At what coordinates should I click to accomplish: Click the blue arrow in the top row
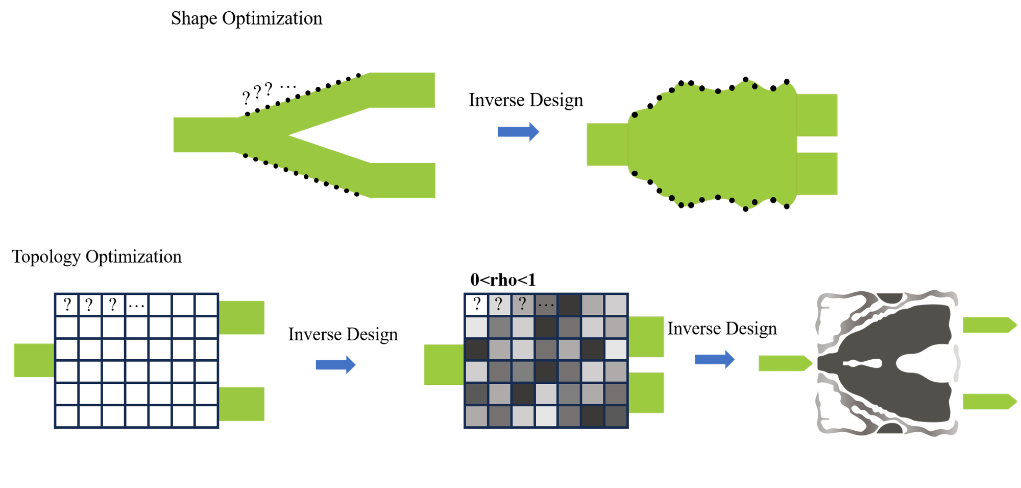(518, 132)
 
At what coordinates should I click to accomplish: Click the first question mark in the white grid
(67, 305)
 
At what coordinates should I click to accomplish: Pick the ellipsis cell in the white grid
(136, 305)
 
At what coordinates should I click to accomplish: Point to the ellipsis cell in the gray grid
(546, 305)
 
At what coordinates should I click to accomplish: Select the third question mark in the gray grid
(522, 305)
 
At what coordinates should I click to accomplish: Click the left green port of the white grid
(34, 360)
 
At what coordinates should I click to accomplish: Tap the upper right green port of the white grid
(241, 317)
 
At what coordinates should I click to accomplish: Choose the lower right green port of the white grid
(241, 404)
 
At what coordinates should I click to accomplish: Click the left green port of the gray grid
(443, 364)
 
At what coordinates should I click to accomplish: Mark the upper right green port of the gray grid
(646, 336)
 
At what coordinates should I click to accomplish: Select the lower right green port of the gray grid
(646, 392)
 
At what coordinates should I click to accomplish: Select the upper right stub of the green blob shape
(817, 115)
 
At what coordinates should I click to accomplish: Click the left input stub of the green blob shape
(607, 144)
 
